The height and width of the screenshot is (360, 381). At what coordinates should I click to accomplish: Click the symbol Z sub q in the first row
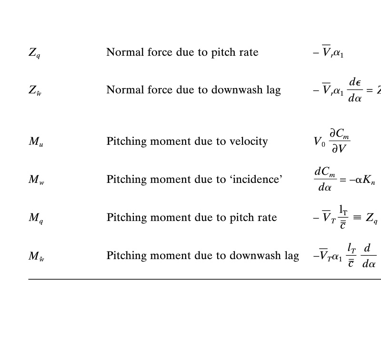[34, 53]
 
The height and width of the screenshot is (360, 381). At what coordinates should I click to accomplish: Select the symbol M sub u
[36, 141]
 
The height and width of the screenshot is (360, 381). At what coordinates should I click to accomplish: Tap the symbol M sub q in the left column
[36, 218]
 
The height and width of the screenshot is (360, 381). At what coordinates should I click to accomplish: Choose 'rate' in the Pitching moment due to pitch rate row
[267, 218]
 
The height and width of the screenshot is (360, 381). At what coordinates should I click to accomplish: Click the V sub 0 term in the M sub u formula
[319, 141]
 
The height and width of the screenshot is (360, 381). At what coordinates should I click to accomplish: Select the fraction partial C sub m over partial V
[340, 141]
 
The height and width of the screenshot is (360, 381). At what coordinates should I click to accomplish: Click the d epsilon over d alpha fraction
[355, 90]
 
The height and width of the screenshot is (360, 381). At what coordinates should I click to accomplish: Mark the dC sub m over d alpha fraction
[325, 179]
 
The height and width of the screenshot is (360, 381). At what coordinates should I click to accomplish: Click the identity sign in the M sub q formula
[357, 218]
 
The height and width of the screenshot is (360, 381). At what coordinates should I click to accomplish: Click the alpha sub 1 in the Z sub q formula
[339, 53]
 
